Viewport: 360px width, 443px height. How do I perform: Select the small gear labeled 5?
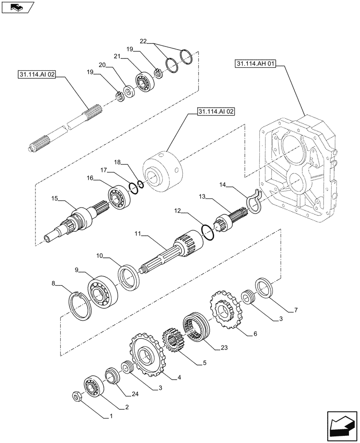pyautogui.click(x=171, y=340)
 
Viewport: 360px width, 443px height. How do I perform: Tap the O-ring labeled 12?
pyautogui.click(x=208, y=232)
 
